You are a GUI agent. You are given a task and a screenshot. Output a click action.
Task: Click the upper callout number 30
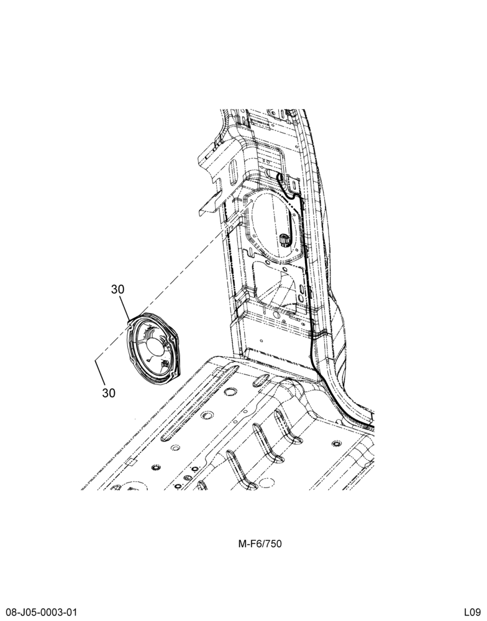coord(117,289)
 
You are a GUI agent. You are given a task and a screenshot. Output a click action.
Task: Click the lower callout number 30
coord(109,393)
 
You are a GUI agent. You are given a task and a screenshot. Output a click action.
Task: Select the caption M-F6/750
coord(260,544)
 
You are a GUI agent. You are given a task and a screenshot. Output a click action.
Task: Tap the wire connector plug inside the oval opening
coord(284,240)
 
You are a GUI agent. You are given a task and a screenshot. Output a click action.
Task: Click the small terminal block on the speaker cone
coord(165,363)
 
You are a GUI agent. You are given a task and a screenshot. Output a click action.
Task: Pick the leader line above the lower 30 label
coord(99,372)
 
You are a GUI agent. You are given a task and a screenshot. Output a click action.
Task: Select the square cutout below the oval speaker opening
coord(277,284)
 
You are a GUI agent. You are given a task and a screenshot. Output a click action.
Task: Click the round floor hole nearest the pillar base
coord(228,392)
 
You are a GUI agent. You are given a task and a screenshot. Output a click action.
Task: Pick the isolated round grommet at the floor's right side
coord(338,443)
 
